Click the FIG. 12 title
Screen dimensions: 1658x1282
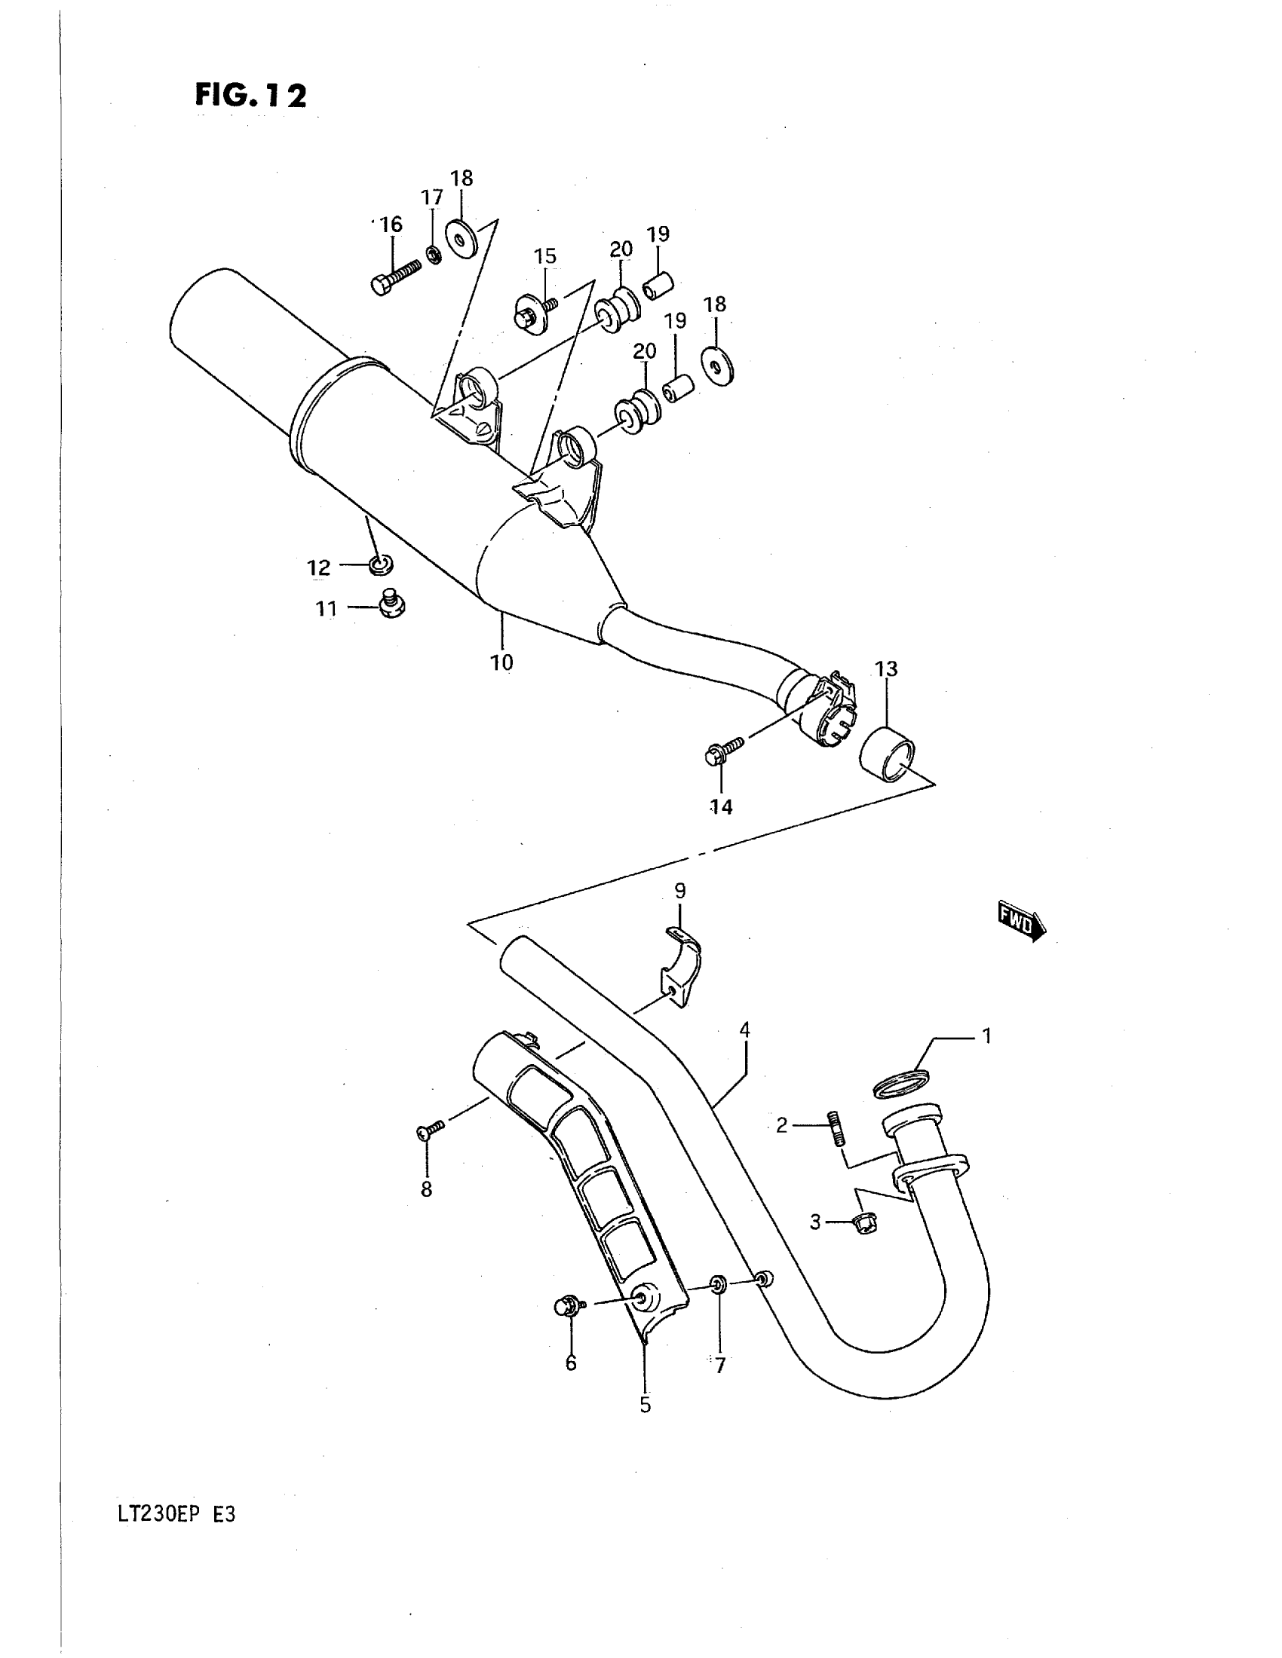point(250,96)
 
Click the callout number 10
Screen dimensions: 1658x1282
point(501,662)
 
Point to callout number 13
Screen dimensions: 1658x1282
point(886,668)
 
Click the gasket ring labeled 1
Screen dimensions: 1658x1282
point(901,1083)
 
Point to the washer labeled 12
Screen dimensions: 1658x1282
point(381,564)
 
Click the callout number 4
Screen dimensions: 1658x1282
point(744,1031)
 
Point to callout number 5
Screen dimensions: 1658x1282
point(645,1406)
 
